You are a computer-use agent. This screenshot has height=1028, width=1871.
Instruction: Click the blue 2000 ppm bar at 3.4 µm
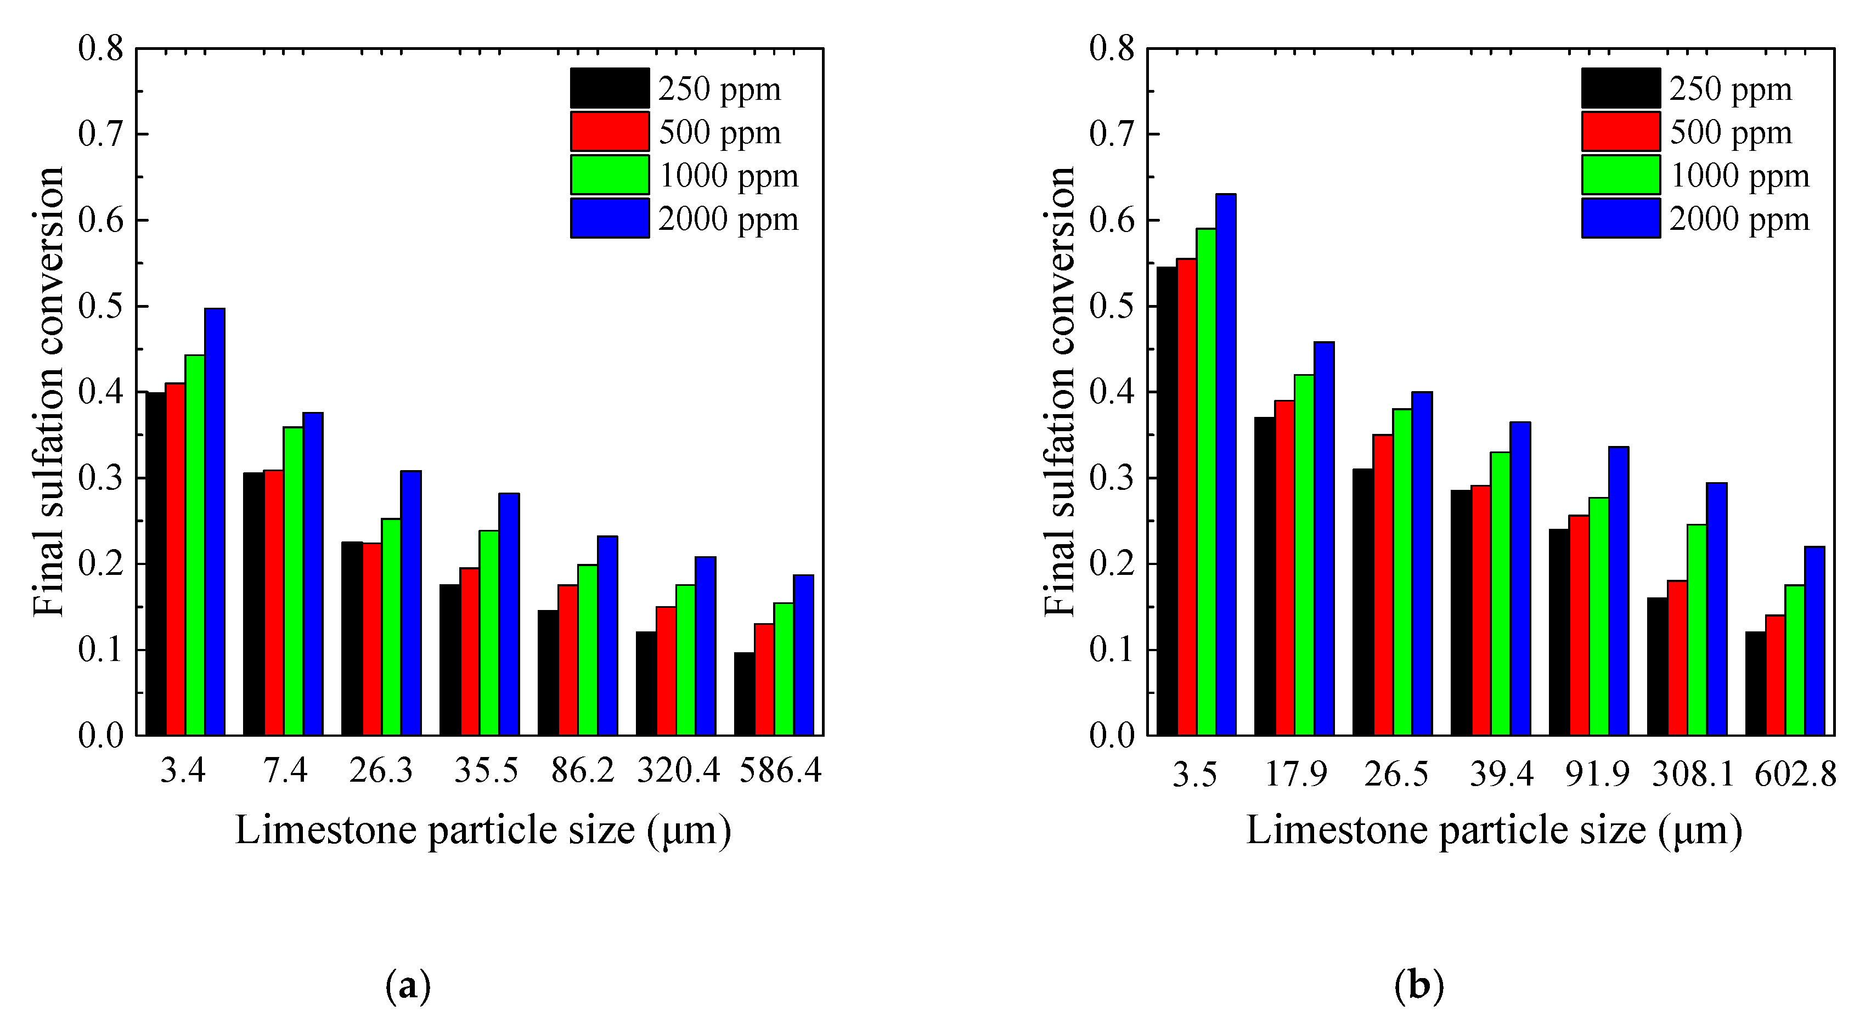215,523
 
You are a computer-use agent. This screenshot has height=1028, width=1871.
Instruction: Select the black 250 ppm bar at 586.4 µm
744,694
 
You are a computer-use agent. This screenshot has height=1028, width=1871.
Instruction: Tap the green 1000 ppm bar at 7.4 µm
294,581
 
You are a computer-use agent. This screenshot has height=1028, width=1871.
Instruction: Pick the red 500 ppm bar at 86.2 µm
568,660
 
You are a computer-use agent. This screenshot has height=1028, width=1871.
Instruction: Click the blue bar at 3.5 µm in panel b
1226,465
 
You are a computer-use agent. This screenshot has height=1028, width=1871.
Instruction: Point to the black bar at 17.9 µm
1265,577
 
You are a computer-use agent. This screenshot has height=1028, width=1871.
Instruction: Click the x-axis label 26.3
381,771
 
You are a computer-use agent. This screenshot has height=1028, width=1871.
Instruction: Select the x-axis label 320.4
678,771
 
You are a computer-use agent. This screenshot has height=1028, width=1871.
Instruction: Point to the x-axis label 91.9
1597,775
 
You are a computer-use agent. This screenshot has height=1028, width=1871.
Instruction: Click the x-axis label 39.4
1501,775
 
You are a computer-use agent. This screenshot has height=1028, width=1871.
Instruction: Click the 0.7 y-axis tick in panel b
1113,135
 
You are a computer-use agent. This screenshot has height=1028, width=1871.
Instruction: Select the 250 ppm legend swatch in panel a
610,88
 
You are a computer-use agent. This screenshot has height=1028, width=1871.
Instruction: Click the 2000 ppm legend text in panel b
1739,219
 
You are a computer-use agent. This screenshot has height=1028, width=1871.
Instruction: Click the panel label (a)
408,986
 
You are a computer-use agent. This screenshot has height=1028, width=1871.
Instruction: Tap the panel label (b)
1418,986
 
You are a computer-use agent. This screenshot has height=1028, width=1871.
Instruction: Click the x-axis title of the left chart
483,830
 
